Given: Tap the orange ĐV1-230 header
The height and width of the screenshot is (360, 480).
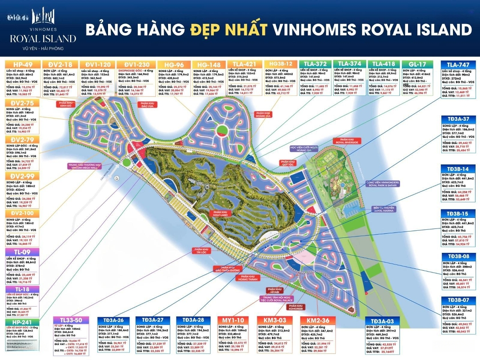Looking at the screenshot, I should pyautogui.click(x=136, y=64).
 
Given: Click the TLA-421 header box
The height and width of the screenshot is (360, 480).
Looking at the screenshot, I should pyautogui.click(x=244, y=64).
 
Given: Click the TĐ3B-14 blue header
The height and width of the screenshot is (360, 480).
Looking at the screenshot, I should pyautogui.click(x=458, y=169).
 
